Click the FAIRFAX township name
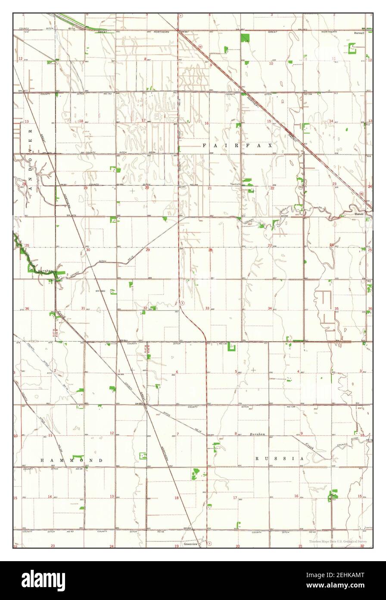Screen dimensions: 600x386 (237, 146)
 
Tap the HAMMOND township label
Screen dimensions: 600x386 (72, 461)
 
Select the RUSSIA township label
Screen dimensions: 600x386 (280, 458)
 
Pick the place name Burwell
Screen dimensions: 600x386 (360, 32)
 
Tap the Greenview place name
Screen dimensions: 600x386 (190, 545)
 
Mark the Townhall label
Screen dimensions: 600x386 (235, 184)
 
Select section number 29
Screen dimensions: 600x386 (148, 250)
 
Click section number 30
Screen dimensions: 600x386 (88, 250)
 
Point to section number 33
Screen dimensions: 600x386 (208, 308)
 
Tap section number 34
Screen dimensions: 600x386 (270, 308)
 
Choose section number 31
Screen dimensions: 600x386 (83, 308)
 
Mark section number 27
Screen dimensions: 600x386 (270, 246)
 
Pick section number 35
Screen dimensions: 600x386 (336, 309)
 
